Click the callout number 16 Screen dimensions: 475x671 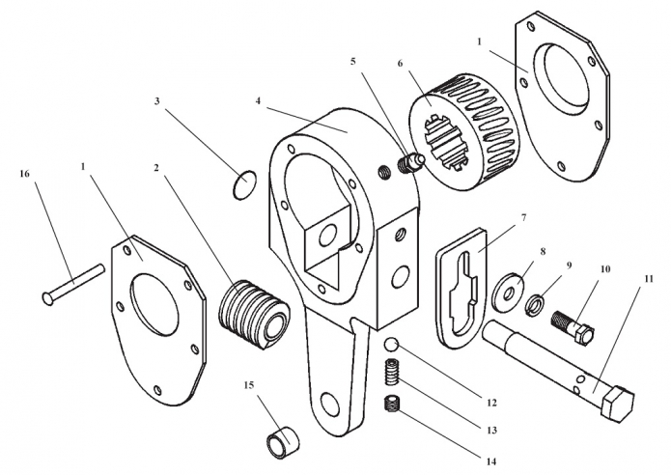[25, 174]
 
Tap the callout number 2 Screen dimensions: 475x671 [156, 167]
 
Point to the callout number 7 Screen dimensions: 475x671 [522, 218]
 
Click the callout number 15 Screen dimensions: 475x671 [249, 385]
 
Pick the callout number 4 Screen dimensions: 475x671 [259, 99]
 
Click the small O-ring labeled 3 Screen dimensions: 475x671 [246, 182]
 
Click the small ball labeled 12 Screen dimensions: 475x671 [390, 345]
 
